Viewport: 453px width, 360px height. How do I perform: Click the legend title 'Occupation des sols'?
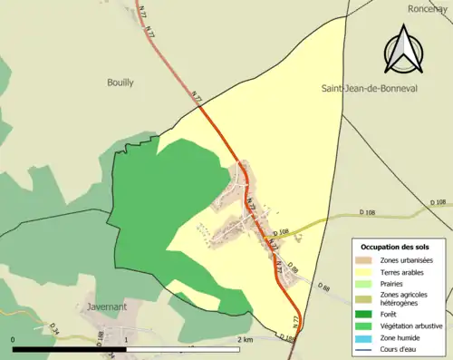pyautogui.click(x=396, y=247)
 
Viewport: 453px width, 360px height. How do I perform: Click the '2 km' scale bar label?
pyautogui.click(x=244, y=339)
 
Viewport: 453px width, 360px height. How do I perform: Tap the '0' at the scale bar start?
pyautogui.click(x=14, y=339)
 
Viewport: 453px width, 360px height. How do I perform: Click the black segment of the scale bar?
pyautogui.click(x=69, y=348)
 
